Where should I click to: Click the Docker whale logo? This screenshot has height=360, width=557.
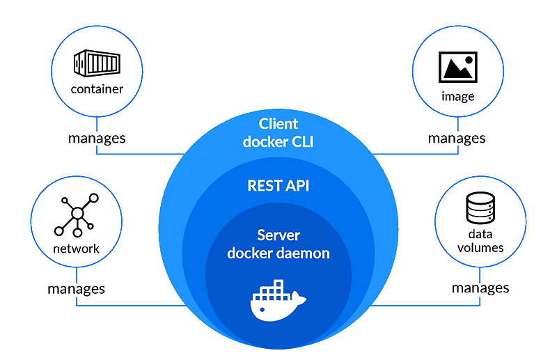pyautogui.click(x=277, y=302)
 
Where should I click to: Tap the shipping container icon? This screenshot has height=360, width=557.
pyautogui.click(x=97, y=64)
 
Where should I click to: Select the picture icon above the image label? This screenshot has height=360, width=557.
pyautogui.click(x=457, y=67)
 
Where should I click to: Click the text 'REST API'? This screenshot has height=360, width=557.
pyautogui.click(x=278, y=186)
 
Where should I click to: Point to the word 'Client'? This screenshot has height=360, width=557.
pyautogui.click(x=278, y=124)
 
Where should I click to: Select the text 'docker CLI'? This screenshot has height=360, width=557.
pyautogui.click(x=278, y=141)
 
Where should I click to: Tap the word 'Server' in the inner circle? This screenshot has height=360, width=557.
pyautogui.click(x=278, y=235)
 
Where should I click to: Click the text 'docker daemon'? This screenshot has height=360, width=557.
pyautogui.click(x=278, y=253)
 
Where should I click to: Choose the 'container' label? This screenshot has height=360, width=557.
pyautogui.click(x=97, y=89)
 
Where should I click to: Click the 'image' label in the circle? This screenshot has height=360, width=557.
pyautogui.click(x=457, y=97)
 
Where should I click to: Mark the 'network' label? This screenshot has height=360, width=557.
pyautogui.click(x=76, y=249)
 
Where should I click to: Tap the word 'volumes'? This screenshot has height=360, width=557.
pyautogui.click(x=480, y=248)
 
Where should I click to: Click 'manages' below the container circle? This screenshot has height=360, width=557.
pyautogui.click(x=97, y=138)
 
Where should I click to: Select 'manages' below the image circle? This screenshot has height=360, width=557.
pyautogui.click(x=457, y=138)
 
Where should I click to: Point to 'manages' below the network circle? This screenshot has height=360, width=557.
pyautogui.click(x=76, y=288)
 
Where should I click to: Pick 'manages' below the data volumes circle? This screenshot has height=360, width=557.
pyautogui.click(x=480, y=288)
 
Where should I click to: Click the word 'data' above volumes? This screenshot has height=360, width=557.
pyautogui.click(x=480, y=235)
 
